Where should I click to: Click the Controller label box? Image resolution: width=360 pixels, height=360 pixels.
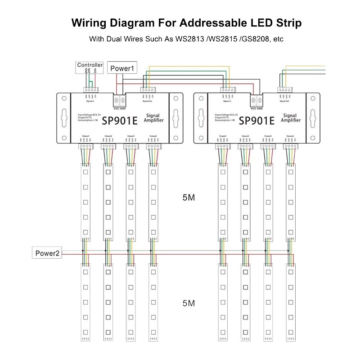pos(90,65)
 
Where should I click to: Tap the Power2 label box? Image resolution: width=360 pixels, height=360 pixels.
pos(47,253)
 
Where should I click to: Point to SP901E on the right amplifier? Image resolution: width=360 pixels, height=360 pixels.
pos(256,120)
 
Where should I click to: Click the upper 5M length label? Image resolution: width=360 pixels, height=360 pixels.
pos(189,198)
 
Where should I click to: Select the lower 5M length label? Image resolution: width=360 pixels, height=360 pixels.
pos(189,303)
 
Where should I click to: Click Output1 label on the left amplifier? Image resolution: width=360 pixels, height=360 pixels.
pos(85,135)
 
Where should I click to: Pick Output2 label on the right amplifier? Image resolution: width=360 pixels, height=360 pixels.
pos(245,135)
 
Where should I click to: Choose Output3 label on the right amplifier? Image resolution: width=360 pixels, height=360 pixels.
pos(268,135)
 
